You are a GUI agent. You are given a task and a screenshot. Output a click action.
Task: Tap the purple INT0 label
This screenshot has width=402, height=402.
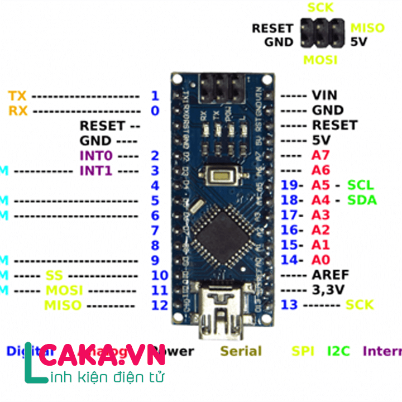tap(97, 155)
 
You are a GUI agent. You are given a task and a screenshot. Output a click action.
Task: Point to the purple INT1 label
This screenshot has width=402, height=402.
tap(96, 170)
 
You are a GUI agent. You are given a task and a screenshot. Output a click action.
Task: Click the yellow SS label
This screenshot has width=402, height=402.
tap(54, 275)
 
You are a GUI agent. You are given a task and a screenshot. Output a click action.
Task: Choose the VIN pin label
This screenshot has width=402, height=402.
tap(324, 95)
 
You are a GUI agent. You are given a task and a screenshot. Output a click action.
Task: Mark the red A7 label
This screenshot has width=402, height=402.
tap(320, 155)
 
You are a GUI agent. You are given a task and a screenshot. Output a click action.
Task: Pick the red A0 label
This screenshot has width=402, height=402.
tap(320, 260)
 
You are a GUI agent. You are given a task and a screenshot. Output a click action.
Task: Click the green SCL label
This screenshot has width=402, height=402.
tap(360, 185)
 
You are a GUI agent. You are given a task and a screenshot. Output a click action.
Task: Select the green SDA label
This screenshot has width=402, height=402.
tap(362, 200)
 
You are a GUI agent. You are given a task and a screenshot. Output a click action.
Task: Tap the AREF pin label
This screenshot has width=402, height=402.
tap(330, 275)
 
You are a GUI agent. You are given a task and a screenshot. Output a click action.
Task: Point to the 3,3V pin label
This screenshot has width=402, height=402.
tap(328, 289)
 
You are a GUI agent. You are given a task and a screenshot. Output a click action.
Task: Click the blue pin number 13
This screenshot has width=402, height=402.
tap(289, 304)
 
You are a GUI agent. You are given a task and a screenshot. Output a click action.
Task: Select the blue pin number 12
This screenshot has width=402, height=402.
tap(159, 305)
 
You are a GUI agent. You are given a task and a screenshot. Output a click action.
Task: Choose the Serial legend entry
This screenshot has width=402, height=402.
tap(241, 351)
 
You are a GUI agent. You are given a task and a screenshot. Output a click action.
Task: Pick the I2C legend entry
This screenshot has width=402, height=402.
tap(338, 351)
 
